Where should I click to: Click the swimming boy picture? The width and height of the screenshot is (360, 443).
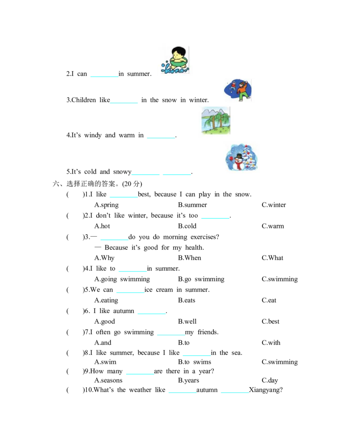[x=175, y=60]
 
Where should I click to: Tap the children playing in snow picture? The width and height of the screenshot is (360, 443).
[x=237, y=90]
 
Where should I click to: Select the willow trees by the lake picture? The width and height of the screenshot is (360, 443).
[x=216, y=121]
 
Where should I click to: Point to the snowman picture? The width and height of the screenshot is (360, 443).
[x=242, y=157]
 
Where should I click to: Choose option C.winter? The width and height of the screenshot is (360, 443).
[x=274, y=205]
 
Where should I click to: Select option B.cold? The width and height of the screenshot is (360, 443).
[x=187, y=226]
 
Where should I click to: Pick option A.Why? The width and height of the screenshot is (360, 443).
[x=104, y=258]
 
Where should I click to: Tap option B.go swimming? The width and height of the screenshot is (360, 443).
[x=201, y=279]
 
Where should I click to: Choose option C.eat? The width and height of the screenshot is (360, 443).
[x=269, y=300]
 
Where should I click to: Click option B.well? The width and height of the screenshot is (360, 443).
[x=187, y=322]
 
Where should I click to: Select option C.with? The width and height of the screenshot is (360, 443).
[x=271, y=343]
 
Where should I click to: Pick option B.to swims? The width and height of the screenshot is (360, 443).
[x=194, y=362]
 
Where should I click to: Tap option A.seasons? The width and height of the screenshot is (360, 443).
[x=108, y=380]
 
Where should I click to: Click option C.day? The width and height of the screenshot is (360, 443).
[x=270, y=380]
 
